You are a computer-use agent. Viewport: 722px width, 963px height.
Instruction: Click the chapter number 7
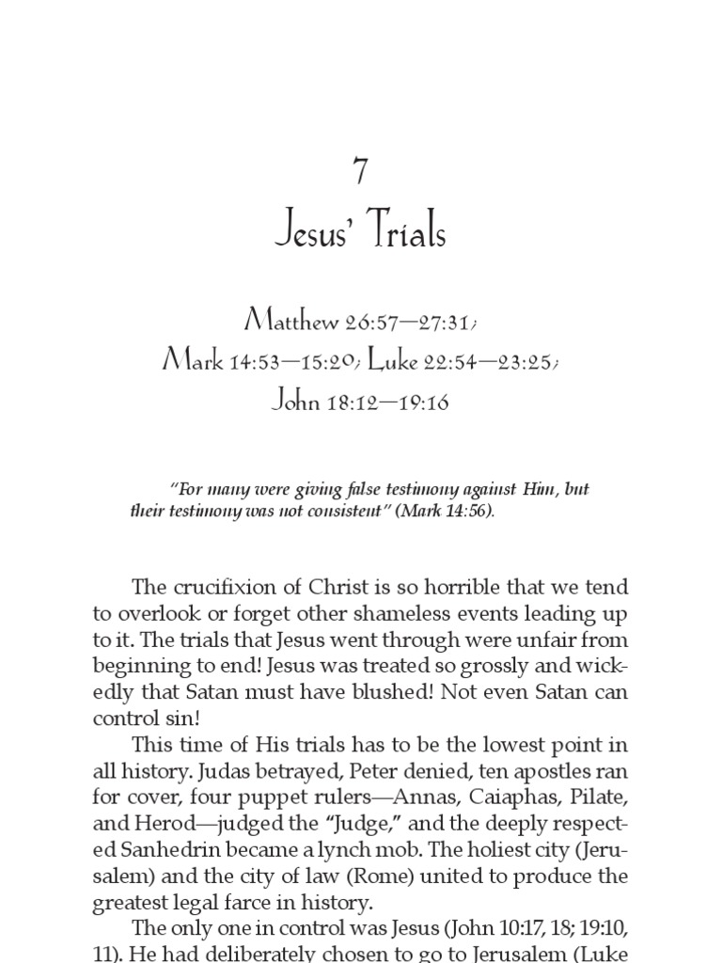coord(361,172)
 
